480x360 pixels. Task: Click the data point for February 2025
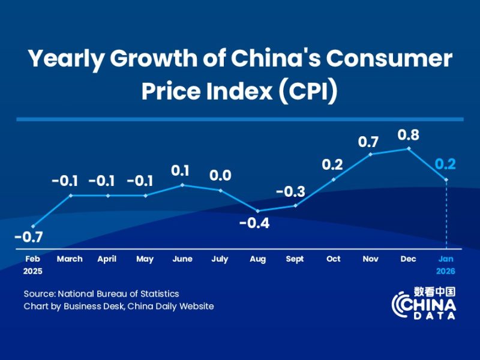[32, 226]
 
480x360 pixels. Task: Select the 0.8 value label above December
[409, 135]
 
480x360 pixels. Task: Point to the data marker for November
[371, 154]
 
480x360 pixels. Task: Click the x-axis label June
[182, 259]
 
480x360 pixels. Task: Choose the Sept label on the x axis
[295, 259]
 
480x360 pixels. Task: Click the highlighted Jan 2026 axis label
[446, 265]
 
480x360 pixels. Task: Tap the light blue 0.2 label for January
[446, 164]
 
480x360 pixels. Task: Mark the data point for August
[257, 211]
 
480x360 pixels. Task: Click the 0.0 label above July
[220, 176]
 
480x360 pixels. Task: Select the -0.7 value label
[28, 237]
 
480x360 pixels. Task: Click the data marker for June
[182, 185]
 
